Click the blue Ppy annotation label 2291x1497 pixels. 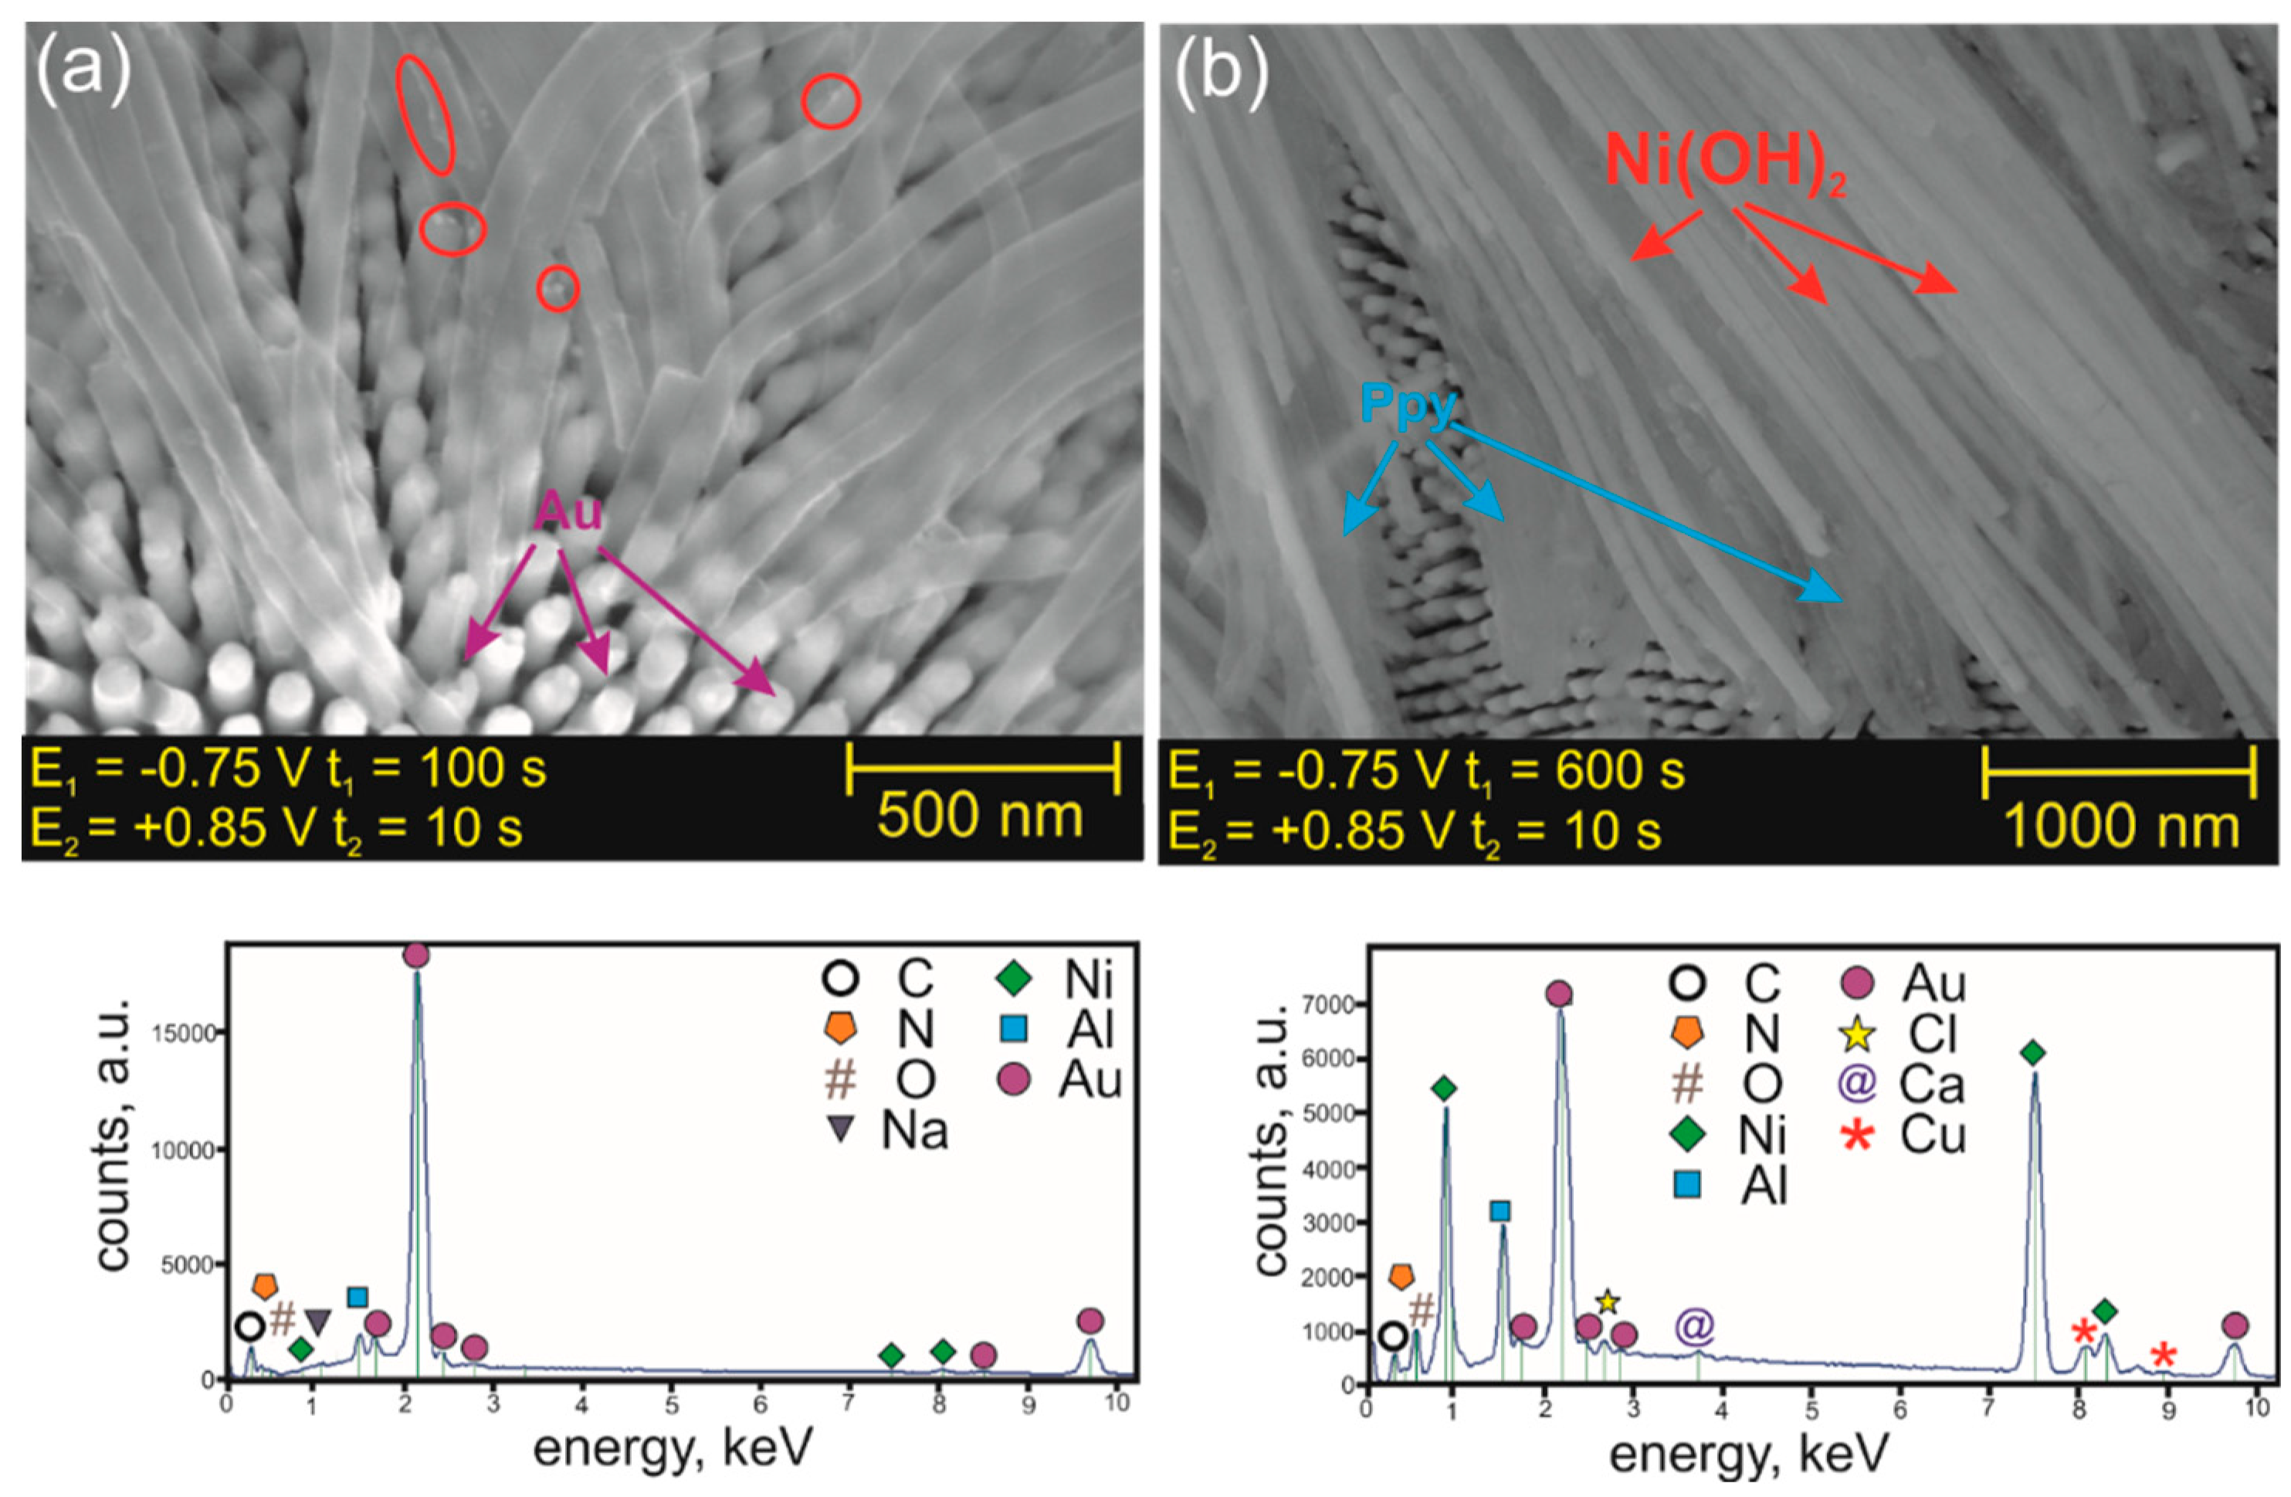click(x=1408, y=406)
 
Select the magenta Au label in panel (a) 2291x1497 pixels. click(x=569, y=511)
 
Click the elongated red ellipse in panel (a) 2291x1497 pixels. click(x=425, y=114)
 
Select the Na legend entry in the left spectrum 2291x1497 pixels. click(x=895, y=1130)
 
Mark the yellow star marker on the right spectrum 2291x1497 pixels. click(x=1608, y=1302)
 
